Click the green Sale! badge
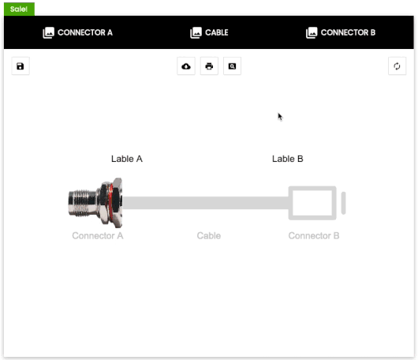[x=19, y=9]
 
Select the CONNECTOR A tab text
[x=85, y=32]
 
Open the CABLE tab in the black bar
[x=216, y=32]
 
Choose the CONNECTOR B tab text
[x=348, y=32]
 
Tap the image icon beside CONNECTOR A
[x=49, y=33]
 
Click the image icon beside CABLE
[x=196, y=33]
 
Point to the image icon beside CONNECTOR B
[x=312, y=33]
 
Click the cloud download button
[x=186, y=66]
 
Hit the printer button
[x=209, y=66]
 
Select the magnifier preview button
[x=232, y=66]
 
